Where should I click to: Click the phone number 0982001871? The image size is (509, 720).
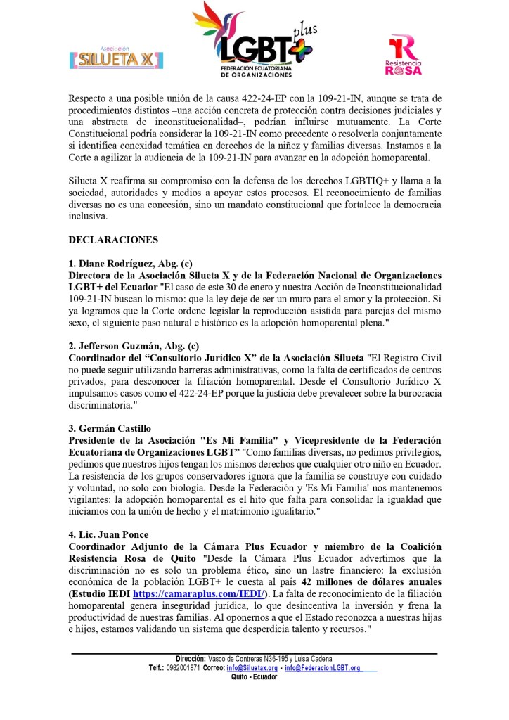(185, 668)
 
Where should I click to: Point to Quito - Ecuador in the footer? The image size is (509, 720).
(254, 677)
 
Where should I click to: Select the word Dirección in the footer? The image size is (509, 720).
(189, 658)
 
